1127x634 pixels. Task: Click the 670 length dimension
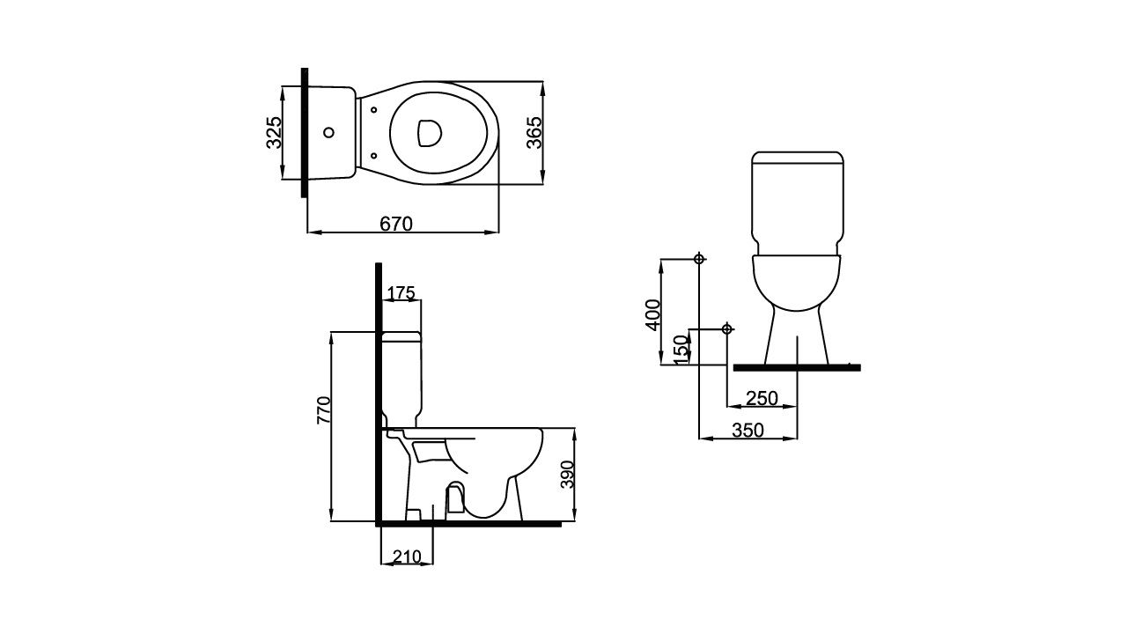396,224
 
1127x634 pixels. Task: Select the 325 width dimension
274,132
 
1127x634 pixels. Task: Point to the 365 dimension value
534,132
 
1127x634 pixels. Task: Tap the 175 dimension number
401,293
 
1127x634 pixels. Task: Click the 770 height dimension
324,410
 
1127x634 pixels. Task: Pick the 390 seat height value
568,474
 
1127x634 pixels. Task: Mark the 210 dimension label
406,557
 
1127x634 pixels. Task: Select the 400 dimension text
652,314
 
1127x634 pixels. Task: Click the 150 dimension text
680,348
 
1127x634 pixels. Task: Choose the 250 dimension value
762,398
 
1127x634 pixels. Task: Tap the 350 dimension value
748,430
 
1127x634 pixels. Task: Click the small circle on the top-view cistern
328,133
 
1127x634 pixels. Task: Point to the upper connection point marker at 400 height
699,259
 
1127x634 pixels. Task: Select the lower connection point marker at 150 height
726,329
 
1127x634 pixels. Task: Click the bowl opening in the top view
429,132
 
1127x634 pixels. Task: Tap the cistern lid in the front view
798,158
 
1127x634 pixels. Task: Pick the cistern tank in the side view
401,379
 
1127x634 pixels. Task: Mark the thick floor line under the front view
796,367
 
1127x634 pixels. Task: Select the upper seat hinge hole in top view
374,110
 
